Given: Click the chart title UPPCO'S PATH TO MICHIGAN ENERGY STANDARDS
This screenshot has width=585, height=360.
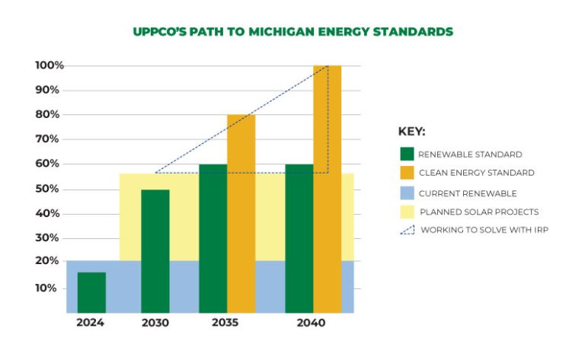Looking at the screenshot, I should click(x=292, y=32).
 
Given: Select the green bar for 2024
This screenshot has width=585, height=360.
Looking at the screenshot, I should click(x=91, y=293).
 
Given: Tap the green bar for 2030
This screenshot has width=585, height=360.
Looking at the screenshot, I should click(x=155, y=251).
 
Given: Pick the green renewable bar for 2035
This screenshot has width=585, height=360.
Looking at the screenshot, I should click(x=213, y=238).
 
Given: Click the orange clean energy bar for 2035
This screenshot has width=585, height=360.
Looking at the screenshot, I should click(x=241, y=213).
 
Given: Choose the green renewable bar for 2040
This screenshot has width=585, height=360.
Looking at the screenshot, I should click(x=299, y=238).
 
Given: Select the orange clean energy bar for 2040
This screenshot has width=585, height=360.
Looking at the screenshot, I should click(x=327, y=190).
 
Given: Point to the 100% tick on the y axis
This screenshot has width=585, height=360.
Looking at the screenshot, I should click(x=47, y=65).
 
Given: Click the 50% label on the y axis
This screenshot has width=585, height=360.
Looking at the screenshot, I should click(x=47, y=189).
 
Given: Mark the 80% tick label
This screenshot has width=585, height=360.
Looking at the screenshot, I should click(x=47, y=115).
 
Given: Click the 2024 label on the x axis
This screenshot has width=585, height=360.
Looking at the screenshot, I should click(x=90, y=323).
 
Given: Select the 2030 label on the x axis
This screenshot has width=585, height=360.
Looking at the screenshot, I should click(x=155, y=323).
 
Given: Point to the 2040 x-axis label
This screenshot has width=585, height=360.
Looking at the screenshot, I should click(x=311, y=323).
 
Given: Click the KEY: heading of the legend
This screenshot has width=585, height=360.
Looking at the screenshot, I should click(x=412, y=131).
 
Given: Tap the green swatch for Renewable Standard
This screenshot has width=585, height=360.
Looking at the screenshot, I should click(x=406, y=154).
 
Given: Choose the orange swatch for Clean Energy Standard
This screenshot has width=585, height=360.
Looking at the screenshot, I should click(x=406, y=173).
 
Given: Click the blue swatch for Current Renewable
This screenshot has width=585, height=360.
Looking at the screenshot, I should click(x=406, y=193).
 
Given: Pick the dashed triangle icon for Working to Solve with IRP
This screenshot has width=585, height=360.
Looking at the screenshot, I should click(x=406, y=230).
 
